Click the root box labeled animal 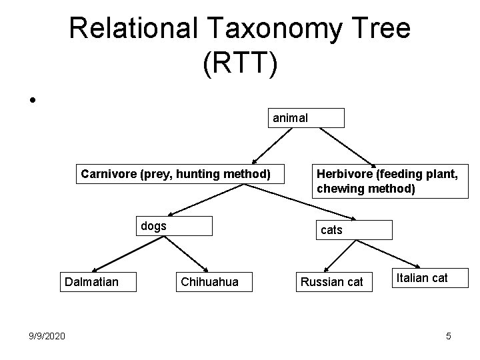pyautogui.click(x=306, y=118)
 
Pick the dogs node pyautogui.click(x=174, y=226)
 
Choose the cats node pyautogui.click(x=355, y=230)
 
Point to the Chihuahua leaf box pyautogui.click(x=209, y=282)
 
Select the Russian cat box pyautogui.click(x=331, y=282)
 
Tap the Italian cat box pyautogui.click(x=422, y=278)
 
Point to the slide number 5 pyautogui.click(x=449, y=336)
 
